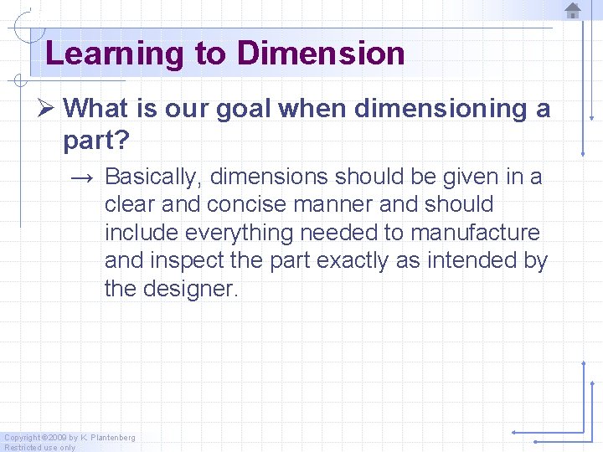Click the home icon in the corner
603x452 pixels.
(x=573, y=11)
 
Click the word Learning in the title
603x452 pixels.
(x=114, y=54)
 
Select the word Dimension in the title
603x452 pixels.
(x=321, y=54)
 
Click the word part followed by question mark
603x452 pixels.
(x=95, y=141)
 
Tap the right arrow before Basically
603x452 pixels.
(x=82, y=177)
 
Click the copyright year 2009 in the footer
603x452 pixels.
(x=56, y=438)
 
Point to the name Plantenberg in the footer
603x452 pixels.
(x=112, y=438)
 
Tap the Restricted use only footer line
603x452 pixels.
(x=39, y=447)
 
